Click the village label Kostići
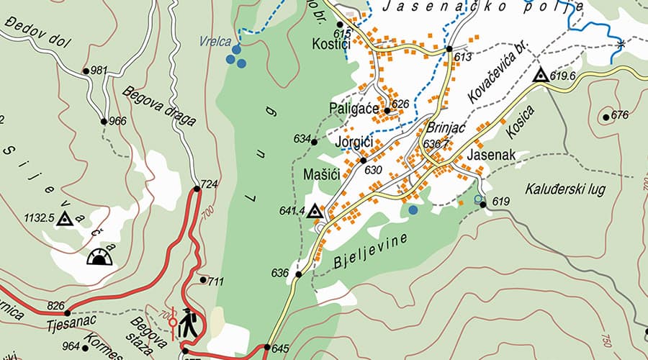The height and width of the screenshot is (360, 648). (x=331, y=45)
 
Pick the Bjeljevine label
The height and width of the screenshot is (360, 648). (x=371, y=251)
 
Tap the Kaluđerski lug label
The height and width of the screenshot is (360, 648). (x=565, y=189)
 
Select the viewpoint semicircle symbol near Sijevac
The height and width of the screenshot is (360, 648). (x=100, y=256)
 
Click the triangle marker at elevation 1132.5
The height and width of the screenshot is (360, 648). (x=66, y=219)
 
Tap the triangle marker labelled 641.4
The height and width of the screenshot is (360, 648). (x=314, y=210)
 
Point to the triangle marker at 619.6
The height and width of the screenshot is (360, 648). (x=540, y=74)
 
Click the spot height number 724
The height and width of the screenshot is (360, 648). (x=209, y=184)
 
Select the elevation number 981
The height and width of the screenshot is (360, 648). (x=99, y=70)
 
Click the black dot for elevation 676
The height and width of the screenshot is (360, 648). (x=606, y=117)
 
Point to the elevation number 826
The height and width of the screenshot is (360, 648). (x=56, y=305)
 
